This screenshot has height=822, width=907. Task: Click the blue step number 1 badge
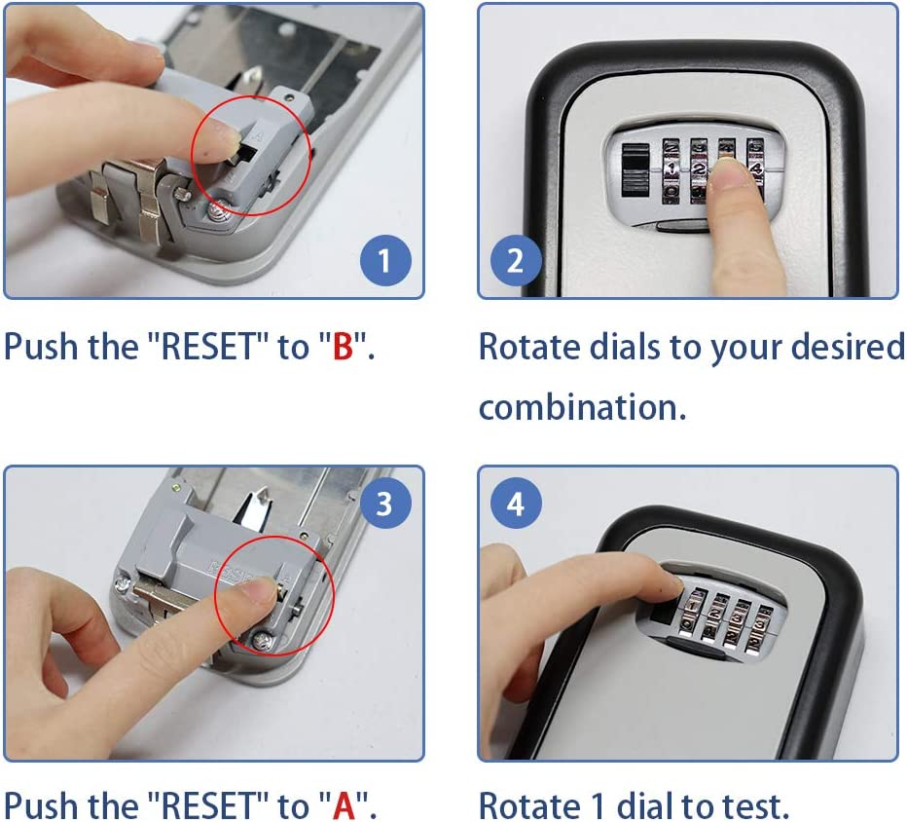pos(385,260)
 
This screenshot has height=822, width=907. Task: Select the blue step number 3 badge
pos(385,504)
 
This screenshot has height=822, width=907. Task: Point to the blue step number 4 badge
pos(516,504)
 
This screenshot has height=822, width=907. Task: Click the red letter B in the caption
pos(343,347)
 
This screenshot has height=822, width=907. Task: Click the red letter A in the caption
pos(344,805)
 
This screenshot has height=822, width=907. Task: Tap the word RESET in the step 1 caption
pos(208,347)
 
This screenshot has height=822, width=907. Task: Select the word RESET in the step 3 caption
pos(208,805)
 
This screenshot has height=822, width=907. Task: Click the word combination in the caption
pos(583,407)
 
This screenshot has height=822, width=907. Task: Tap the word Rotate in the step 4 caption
pos(529,805)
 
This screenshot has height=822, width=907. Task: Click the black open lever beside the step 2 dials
pos(635,169)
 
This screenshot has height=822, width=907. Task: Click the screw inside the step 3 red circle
pos(263,640)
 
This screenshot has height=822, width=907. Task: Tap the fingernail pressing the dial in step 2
pos(731,172)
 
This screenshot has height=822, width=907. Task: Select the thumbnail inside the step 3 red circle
pos(264,590)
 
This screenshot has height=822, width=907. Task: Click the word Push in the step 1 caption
pos(41,347)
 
